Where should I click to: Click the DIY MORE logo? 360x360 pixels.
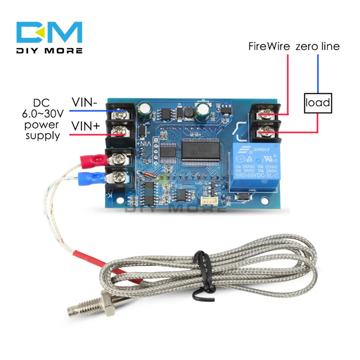50,38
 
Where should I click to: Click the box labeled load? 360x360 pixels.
318,103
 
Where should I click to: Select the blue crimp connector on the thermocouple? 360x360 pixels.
90,177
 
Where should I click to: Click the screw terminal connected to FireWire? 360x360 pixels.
266,115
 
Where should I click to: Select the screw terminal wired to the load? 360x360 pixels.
266,134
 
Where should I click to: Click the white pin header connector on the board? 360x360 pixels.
208,202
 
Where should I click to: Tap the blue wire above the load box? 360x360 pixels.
318,74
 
